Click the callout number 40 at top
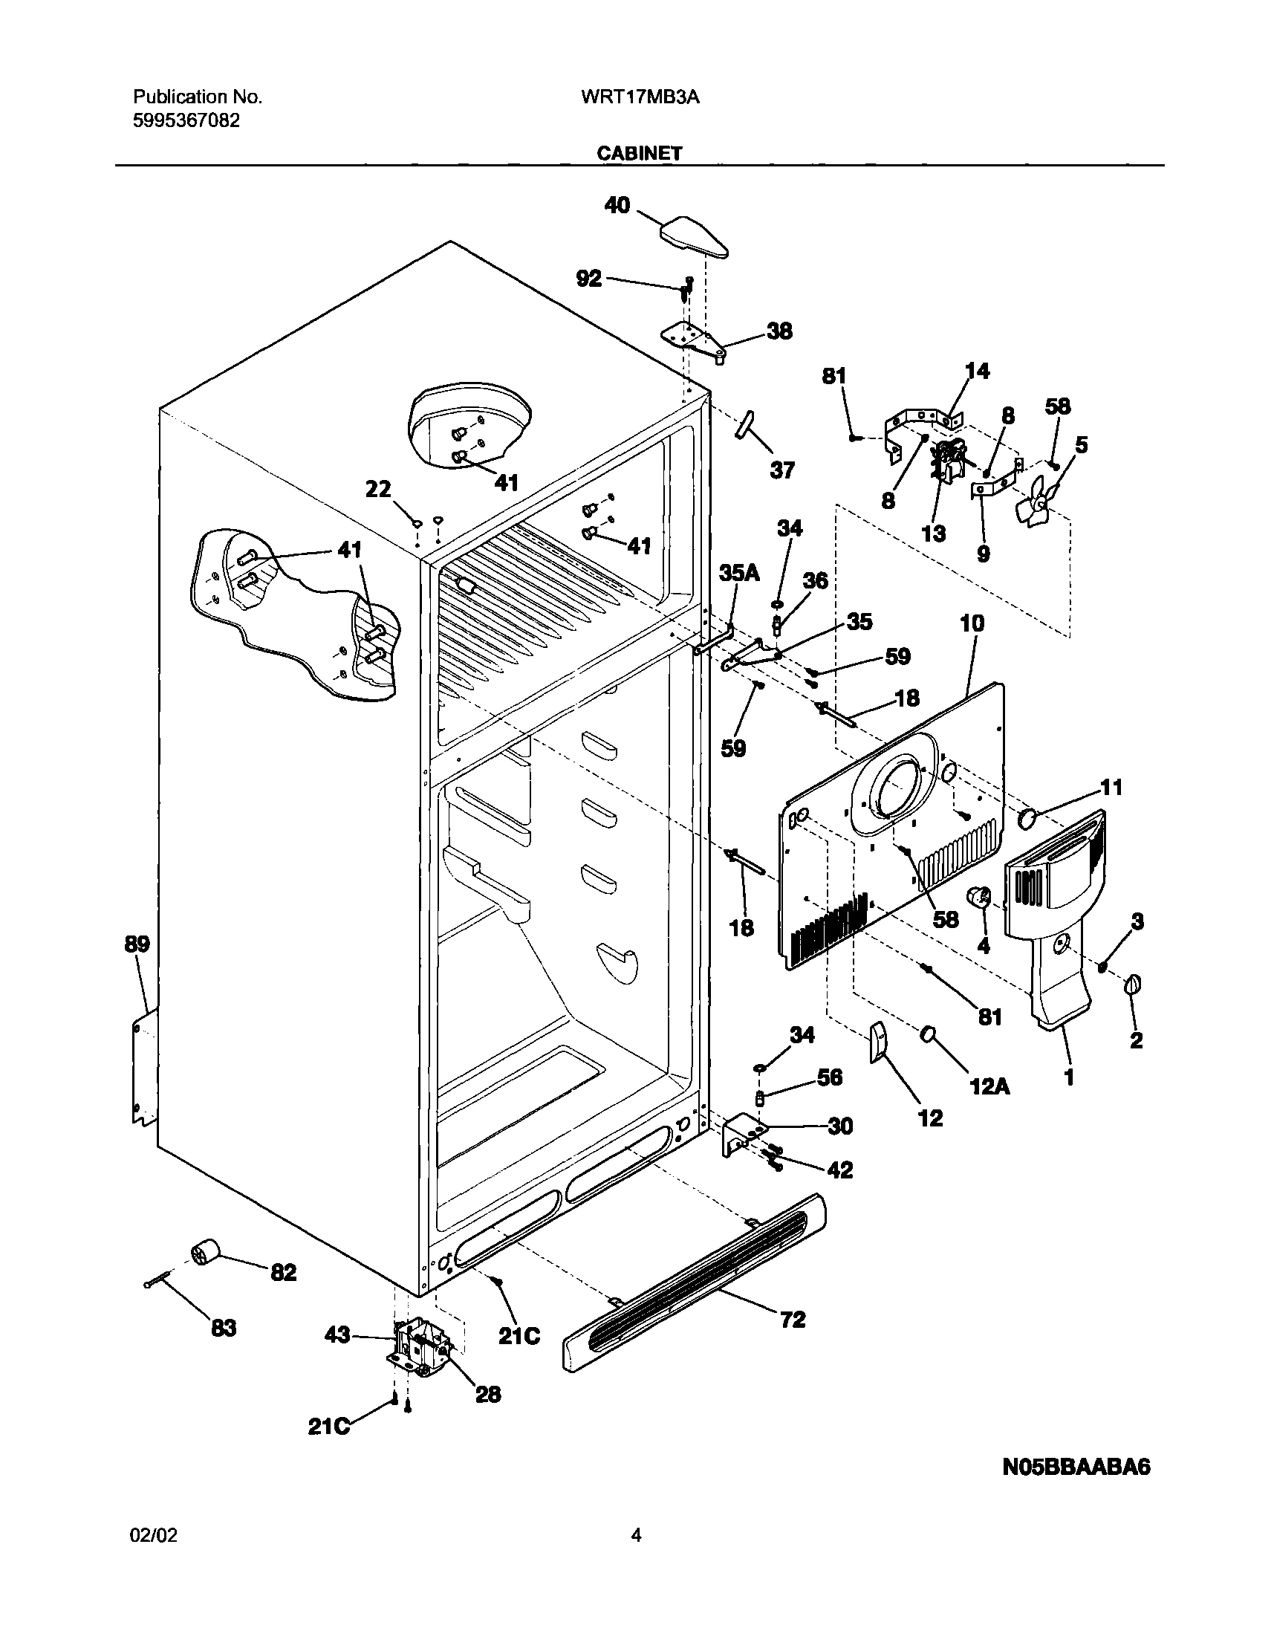[x=617, y=205]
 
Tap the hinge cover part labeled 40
[x=694, y=236]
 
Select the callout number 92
[x=588, y=279]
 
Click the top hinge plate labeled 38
[x=694, y=341]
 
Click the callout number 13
[x=933, y=534]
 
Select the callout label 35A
[x=738, y=572]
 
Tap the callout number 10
[x=972, y=623]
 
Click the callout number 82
[x=284, y=1272]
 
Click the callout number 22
[x=378, y=489]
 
